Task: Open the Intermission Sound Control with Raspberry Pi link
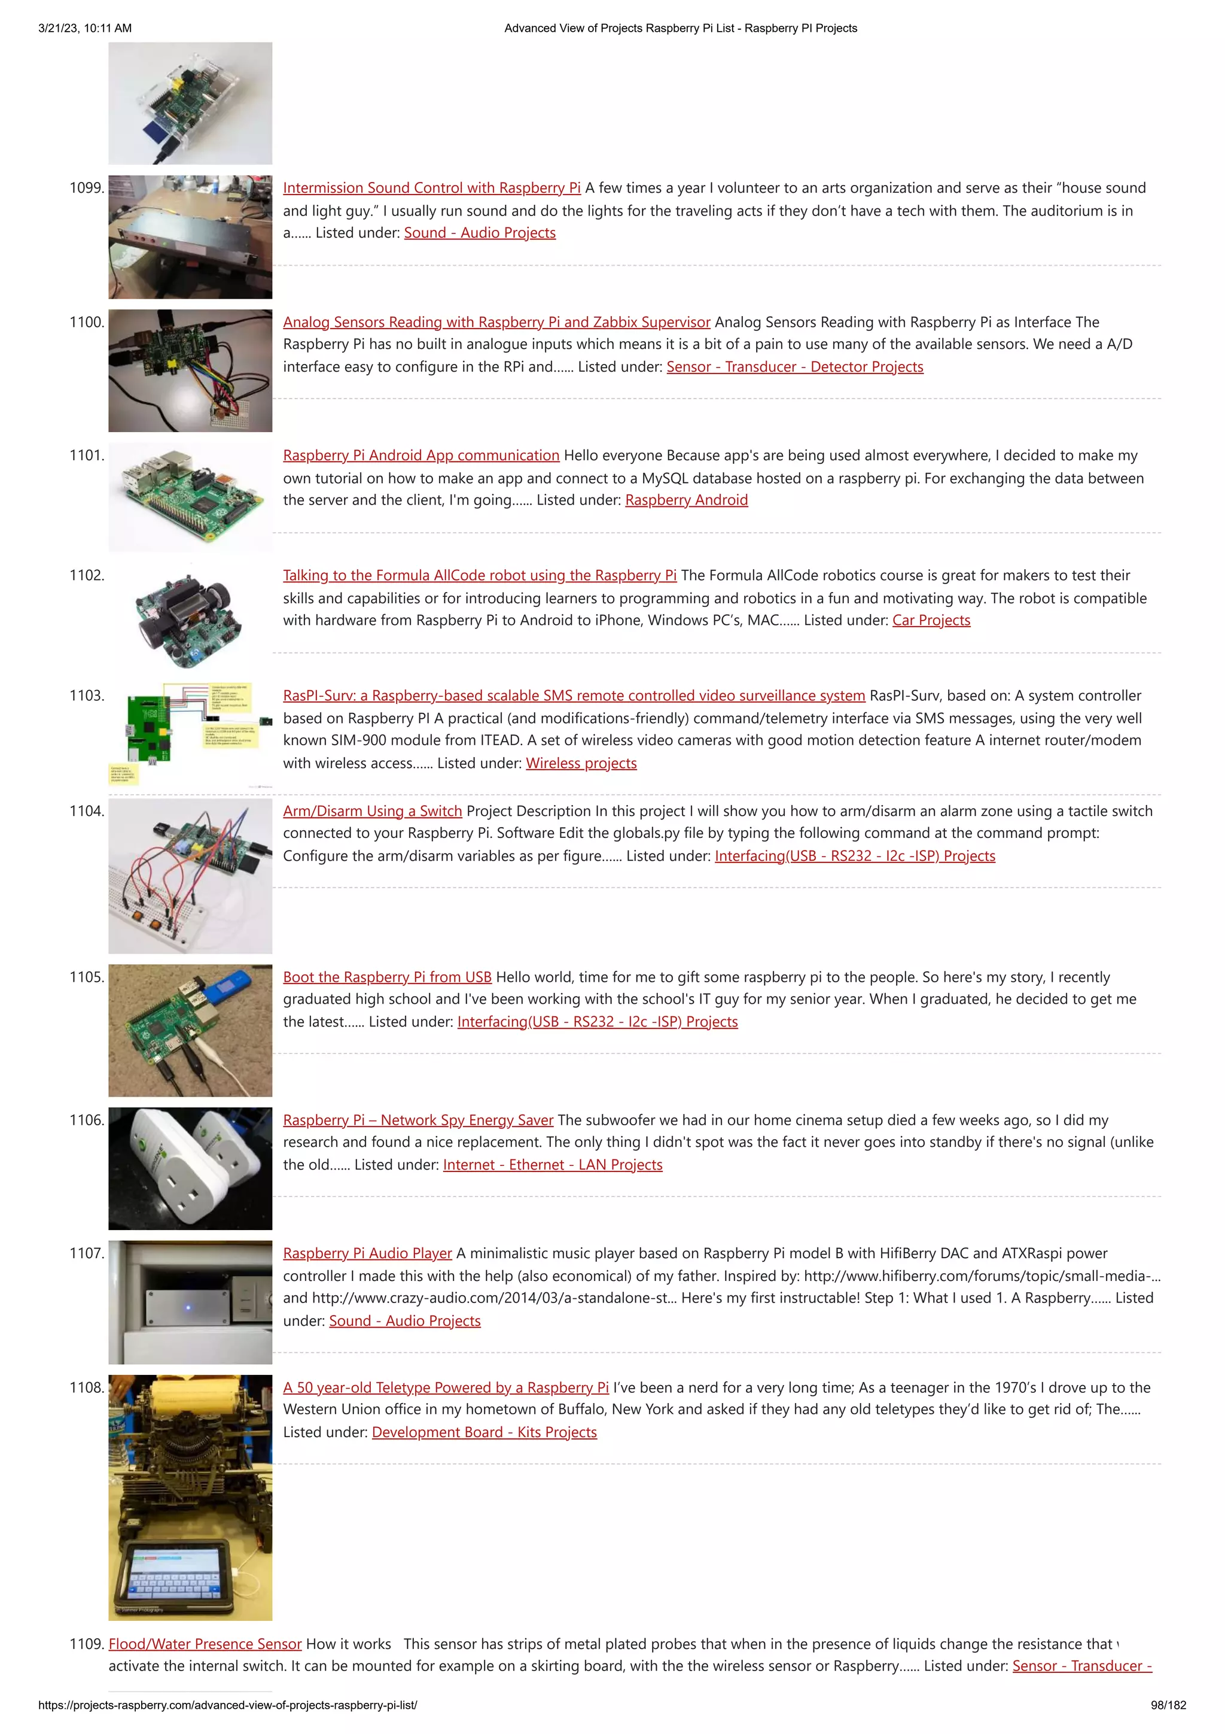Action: coord(432,188)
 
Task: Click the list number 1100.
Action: coord(86,322)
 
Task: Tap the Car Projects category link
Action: coord(931,620)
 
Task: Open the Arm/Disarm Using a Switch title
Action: coord(372,811)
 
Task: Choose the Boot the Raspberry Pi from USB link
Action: coord(387,977)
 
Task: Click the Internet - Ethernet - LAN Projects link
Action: coord(553,1165)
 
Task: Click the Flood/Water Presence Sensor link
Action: coord(205,1644)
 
